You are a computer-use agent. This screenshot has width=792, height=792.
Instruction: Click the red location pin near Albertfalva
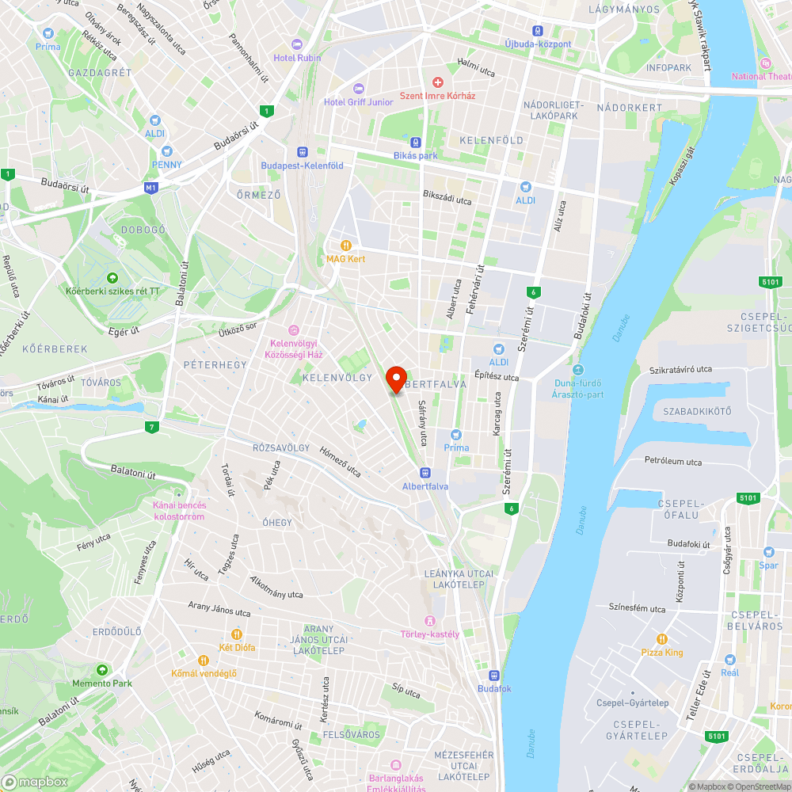coord(395,379)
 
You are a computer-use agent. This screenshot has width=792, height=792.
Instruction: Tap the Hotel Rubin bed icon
coord(297,44)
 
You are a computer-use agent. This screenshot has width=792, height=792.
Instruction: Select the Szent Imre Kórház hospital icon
coord(437,82)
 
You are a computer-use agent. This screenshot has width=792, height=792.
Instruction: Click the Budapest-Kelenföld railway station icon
coord(302,152)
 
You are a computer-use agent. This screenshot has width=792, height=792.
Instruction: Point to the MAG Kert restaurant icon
coord(345,246)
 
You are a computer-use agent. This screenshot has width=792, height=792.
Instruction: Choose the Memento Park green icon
coord(101,670)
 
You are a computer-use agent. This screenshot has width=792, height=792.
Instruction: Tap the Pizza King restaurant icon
coord(662,639)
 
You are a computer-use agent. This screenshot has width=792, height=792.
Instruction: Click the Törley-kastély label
coord(430,634)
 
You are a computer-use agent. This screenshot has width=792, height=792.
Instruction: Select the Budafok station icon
coord(494,676)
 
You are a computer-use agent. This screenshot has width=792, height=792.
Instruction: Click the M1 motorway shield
coord(151,188)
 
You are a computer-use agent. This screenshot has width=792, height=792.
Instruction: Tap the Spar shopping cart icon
coord(768,552)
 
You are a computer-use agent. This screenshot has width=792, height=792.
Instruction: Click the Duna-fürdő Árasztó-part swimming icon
coord(577,370)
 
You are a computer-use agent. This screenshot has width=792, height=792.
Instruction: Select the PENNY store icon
coord(166,151)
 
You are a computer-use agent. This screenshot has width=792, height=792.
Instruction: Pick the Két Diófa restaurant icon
coord(236,634)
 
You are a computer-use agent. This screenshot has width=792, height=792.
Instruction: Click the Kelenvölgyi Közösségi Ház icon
coord(293,330)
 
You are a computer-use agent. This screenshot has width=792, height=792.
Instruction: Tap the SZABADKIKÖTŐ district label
coord(697,411)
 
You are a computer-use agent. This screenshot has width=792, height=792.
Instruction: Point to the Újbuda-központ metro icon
coord(538,30)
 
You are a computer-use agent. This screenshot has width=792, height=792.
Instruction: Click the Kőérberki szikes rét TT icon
coord(112,278)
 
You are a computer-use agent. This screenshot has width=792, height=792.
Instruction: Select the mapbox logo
coord(36,782)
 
